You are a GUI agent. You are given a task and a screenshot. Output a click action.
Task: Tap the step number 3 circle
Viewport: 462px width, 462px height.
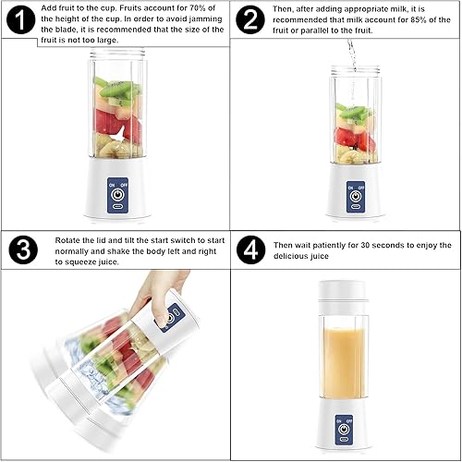pos(20,249)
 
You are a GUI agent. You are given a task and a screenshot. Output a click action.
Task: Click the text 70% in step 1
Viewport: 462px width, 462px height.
pos(201,7)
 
